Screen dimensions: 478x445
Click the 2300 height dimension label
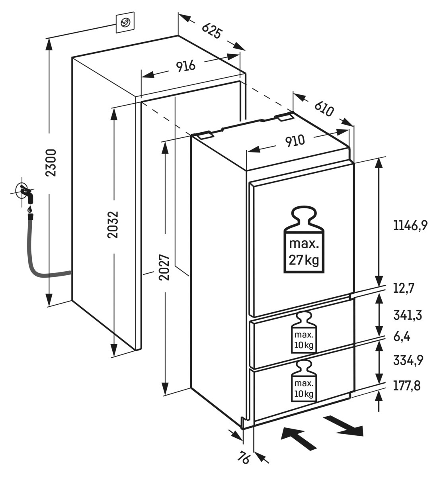[x=51, y=163]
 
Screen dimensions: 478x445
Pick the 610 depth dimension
[x=324, y=109]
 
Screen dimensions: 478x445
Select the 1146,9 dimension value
[x=410, y=226]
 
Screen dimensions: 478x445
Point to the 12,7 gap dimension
[x=404, y=288]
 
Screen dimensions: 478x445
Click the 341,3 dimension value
[x=407, y=315]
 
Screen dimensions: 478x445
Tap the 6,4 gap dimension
[x=402, y=337]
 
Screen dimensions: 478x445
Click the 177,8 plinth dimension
[x=407, y=386]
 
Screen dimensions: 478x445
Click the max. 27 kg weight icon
[x=303, y=240]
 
